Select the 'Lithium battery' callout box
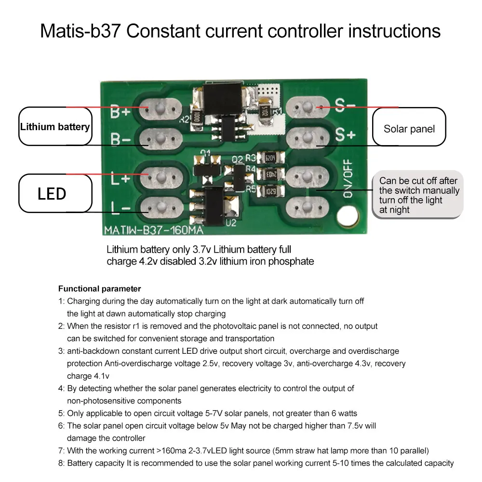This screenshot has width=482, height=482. pos(55,127)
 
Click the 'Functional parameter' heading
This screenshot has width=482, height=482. pos(99,289)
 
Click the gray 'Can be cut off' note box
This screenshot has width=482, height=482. pos(418,195)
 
